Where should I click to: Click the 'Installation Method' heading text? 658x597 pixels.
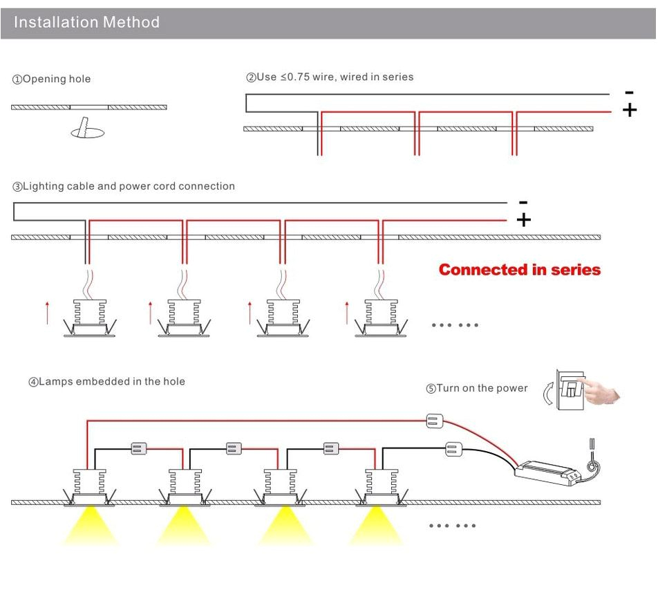[86, 22]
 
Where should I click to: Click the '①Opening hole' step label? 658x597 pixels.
[51, 79]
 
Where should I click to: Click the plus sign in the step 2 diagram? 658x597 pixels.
[629, 111]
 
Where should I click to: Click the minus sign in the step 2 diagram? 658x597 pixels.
[628, 92]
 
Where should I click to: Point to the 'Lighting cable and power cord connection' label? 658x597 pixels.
[124, 186]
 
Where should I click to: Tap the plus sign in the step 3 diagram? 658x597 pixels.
[524, 220]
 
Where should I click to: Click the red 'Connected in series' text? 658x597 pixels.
[520, 269]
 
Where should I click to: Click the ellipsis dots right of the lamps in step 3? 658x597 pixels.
[453, 324]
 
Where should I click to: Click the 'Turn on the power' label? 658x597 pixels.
[476, 388]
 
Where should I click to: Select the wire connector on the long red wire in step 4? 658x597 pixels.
[434, 421]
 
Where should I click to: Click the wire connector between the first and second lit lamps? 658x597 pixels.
[137, 449]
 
